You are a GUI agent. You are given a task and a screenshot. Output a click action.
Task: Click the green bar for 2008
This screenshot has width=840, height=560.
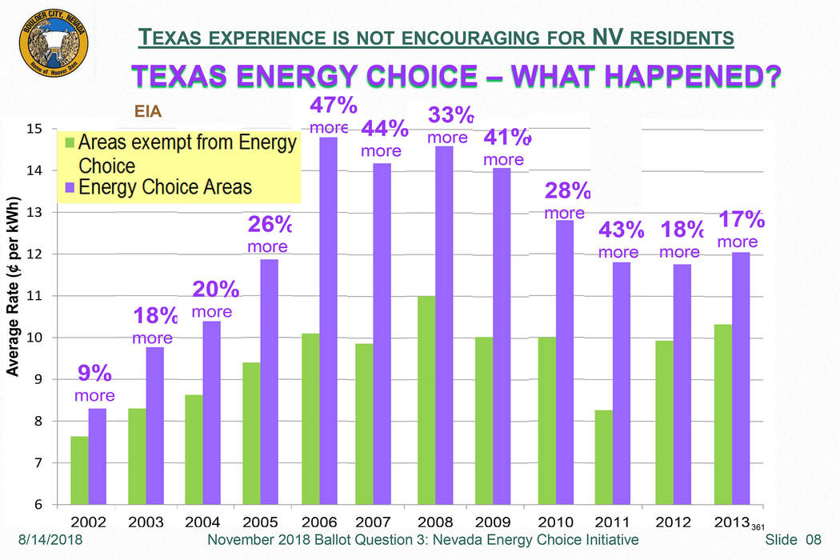(426, 400)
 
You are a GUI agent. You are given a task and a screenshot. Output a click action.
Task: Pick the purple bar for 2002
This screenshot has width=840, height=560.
(98, 456)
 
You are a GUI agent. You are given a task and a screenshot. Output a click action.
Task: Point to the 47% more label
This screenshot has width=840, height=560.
(330, 115)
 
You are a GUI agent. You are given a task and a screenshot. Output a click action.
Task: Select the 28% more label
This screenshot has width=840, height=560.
(566, 201)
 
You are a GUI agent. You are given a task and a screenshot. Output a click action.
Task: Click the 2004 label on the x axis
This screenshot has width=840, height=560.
(203, 522)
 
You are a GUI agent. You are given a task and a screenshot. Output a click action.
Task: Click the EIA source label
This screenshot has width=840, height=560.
(147, 114)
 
